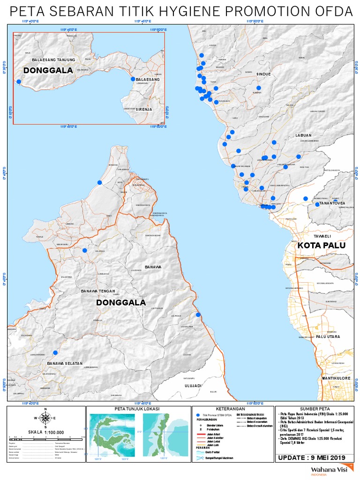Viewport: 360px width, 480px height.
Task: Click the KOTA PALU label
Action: click(321, 246)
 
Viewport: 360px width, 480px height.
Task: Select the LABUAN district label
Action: click(303, 135)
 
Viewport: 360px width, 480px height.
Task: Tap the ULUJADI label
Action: click(191, 386)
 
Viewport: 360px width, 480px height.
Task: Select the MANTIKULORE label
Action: click(336, 377)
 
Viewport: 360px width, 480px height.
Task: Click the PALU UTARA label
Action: click(327, 337)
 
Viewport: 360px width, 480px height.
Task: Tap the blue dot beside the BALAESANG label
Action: click(133, 79)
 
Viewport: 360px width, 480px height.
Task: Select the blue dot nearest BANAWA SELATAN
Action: click(55, 352)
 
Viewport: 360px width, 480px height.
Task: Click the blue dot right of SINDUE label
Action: click(258, 88)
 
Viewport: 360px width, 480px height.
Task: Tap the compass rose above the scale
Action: click(45, 418)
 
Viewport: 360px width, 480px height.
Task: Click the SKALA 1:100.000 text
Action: click(45, 432)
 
